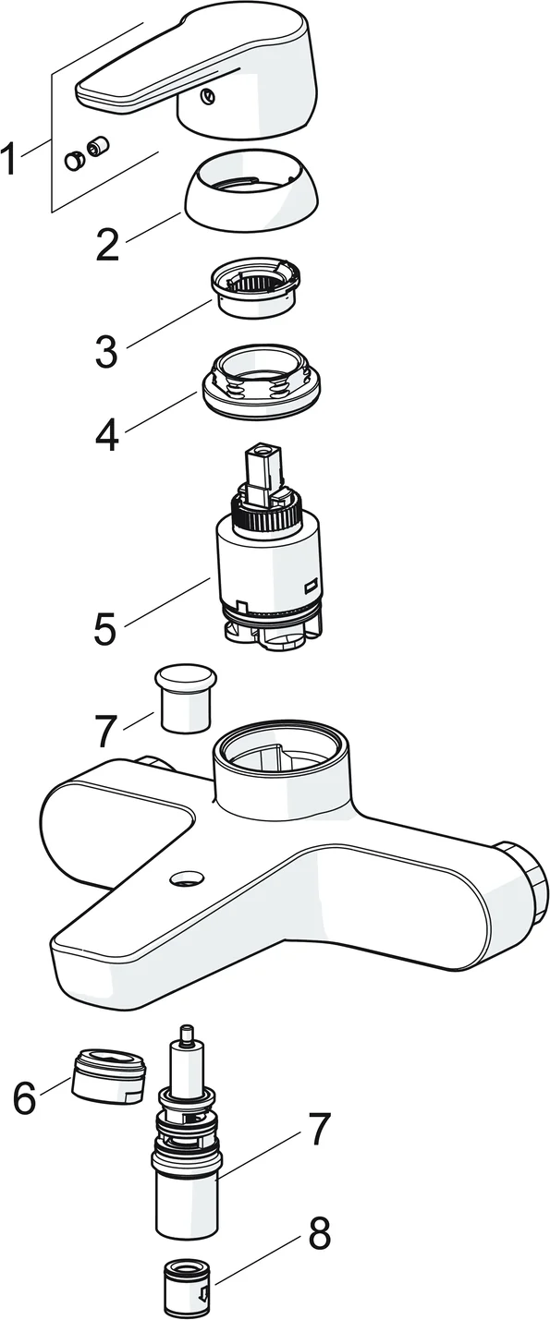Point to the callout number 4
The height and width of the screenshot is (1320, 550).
tap(106, 434)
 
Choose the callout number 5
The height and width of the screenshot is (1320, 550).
tap(105, 628)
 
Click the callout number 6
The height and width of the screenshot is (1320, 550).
tap(25, 1097)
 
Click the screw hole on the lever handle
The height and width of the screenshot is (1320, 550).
tap(207, 97)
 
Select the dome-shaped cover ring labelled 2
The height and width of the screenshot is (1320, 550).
tap(253, 189)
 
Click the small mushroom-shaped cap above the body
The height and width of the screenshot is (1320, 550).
tap(185, 699)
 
